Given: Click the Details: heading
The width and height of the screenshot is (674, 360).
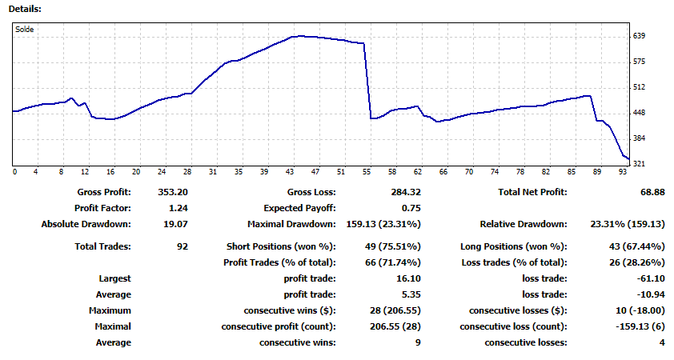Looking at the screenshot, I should coord(25,8).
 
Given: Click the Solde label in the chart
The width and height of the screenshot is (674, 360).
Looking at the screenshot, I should coord(25,30).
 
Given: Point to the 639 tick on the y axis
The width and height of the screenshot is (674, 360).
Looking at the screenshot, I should coord(639,36).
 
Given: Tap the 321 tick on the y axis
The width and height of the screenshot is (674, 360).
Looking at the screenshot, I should coord(639,164).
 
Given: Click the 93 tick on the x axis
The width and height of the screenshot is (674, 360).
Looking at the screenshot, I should coord(622,172).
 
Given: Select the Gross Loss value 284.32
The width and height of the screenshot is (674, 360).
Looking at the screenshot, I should coord(405,192).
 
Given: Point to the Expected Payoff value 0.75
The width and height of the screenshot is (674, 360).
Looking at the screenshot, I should coord(411,208).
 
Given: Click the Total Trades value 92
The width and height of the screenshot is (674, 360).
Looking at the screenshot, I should coord(182,246).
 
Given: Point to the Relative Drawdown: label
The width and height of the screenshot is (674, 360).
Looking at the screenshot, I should coord(523,224).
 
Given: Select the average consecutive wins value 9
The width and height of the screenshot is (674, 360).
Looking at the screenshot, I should coord(418,342).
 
